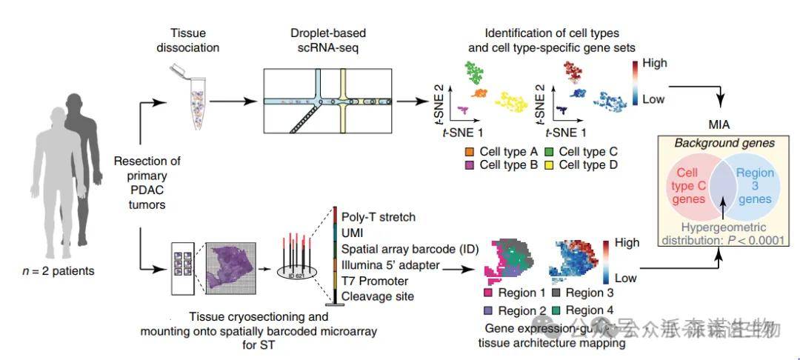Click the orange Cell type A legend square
(x=470, y=152)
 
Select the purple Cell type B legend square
(x=470, y=164)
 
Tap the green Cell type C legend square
(x=549, y=152)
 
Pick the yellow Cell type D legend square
(x=549, y=164)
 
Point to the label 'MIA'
(x=719, y=124)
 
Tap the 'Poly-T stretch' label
(x=378, y=217)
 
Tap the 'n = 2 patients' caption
(x=59, y=271)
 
